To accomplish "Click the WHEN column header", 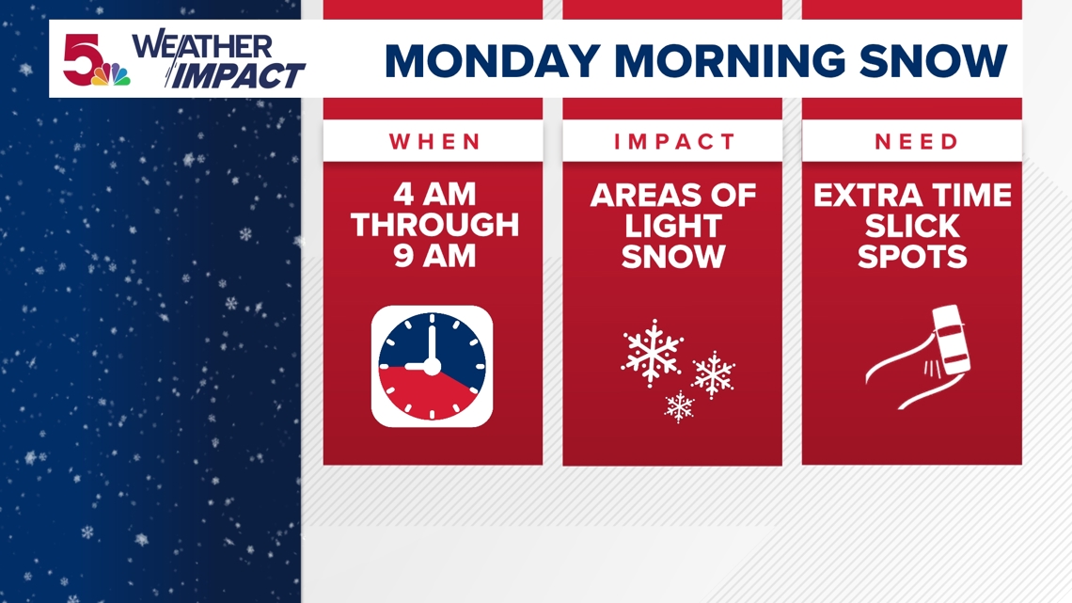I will coord(435,142).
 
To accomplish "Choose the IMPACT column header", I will coord(672,142).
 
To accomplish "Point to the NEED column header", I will coord(916,142).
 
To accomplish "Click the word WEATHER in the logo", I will coord(203,47).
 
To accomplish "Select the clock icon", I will coord(433,366).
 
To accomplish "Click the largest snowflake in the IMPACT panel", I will coord(652,353).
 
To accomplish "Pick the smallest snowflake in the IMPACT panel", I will coord(679,406).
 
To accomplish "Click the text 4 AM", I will coord(435,195).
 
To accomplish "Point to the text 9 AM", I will coord(435,255).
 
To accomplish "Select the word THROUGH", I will coord(435,225).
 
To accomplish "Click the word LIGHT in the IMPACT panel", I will coord(672,226).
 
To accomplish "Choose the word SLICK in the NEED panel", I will coord(912,226).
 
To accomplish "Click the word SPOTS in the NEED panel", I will coord(912,256).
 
